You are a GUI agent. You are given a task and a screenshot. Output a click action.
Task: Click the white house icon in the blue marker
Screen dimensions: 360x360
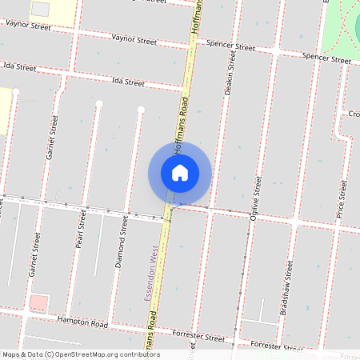click(180, 173)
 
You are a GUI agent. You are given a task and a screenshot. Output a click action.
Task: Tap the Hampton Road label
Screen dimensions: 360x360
click(83, 323)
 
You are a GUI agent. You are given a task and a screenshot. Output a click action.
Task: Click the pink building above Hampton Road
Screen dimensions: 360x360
click(38, 303)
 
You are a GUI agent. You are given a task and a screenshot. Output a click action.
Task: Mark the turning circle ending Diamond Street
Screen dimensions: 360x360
click(141, 109)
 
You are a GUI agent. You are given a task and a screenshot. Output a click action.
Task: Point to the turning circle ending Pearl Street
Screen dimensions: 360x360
click(99, 105)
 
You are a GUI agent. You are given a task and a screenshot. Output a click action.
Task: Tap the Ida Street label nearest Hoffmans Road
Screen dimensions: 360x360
click(128, 82)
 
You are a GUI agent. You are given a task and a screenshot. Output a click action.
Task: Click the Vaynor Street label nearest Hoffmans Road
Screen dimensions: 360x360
click(134, 38)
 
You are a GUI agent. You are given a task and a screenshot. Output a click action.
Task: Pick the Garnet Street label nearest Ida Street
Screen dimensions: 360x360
click(53, 137)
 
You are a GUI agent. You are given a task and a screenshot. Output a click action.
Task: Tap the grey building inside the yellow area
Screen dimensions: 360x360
click(40, 9)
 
